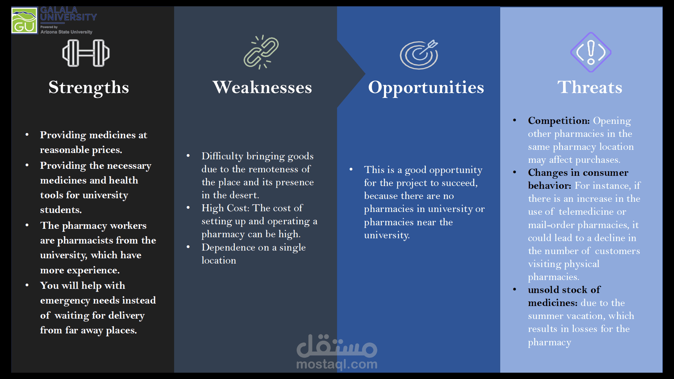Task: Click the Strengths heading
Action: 89,87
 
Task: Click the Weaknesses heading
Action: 262,87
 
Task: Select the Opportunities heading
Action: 426,87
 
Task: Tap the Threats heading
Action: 590,87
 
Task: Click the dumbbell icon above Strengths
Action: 86,53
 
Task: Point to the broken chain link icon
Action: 262,52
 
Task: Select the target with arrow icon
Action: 419,54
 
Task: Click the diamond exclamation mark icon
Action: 591,52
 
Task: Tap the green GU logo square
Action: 24,21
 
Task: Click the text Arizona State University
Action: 66,32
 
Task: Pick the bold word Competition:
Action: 559,121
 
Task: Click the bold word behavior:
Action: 550,186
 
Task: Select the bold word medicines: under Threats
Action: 553,303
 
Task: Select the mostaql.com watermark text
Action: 337,364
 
